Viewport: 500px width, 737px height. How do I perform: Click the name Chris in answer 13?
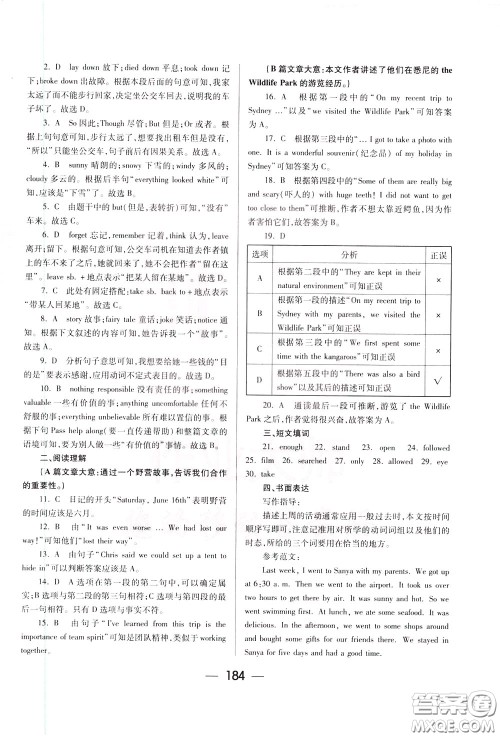click(x=109, y=474)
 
